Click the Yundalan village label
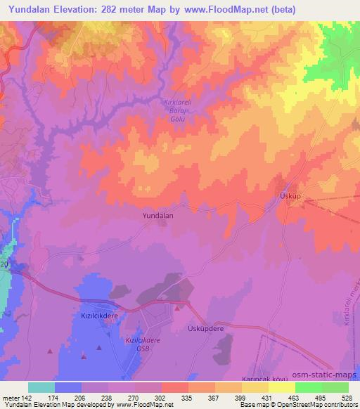click(x=157, y=216)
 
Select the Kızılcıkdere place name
click(x=99, y=317)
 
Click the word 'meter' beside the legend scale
click(x=11, y=397)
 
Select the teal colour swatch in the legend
click(x=41, y=387)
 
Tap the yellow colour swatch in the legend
click(x=282, y=387)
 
